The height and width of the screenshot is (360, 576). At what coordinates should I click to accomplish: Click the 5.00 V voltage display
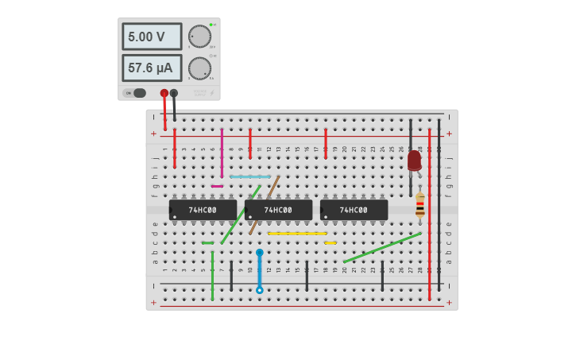[151, 37]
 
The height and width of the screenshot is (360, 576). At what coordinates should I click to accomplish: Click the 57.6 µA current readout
[151, 68]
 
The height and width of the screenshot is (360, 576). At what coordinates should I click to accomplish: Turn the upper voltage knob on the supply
[199, 37]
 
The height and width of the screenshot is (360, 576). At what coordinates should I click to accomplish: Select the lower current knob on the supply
[199, 68]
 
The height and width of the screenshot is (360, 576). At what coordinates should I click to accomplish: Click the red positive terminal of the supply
[164, 93]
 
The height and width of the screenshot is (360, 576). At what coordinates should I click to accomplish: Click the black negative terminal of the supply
[174, 93]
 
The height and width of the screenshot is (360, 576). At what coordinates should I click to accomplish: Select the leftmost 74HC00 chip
[203, 210]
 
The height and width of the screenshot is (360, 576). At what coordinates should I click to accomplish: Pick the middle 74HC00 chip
[278, 210]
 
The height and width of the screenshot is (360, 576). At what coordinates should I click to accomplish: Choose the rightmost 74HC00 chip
[354, 210]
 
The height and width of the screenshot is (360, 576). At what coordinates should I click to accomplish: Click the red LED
[414, 161]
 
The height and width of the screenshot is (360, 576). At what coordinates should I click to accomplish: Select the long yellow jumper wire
[297, 234]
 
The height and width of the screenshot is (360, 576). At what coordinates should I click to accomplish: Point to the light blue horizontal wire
[250, 176]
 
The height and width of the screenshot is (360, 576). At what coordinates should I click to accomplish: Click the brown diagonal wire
[265, 205]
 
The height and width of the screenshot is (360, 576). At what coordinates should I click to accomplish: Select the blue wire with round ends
[259, 271]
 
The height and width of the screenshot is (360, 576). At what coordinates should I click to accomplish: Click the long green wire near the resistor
[381, 247]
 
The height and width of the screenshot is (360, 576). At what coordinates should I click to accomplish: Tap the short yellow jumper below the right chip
[330, 243]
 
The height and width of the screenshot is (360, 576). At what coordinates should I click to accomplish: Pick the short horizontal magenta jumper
[217, 186]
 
